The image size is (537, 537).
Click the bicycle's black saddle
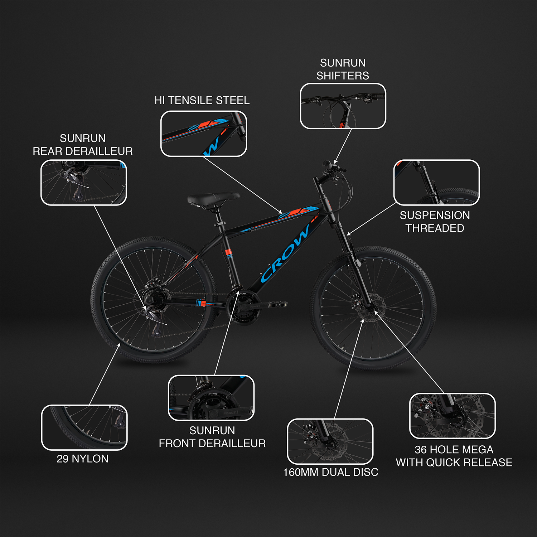[x=213, y=199]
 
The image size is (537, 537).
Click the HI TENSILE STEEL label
[x=202, y=101]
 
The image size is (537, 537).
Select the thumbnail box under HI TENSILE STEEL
[x=204, y=134]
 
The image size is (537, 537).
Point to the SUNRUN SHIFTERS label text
[x=343, y=69]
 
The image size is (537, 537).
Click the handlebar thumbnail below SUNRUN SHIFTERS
[x=343, y=106]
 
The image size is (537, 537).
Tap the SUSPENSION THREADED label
[x=435, y=222]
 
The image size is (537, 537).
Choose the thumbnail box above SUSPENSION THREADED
[x=436, y=183]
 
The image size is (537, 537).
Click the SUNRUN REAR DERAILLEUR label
[x=83, y=145]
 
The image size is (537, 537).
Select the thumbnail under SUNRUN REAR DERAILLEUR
[x=83, y=183]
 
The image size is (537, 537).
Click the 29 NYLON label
[x=83, y=459]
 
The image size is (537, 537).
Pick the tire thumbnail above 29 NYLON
[x=84, y=427]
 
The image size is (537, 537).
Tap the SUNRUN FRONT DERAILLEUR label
[x=212, y=437]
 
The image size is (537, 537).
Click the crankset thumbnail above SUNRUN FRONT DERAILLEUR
[x=211, y=398]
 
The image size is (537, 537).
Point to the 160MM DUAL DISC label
[x=330, y=472]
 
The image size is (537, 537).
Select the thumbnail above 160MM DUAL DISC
[x=330, y=441]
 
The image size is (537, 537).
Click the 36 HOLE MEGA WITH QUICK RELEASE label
[x=454, y=456]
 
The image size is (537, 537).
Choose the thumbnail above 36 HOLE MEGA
[x=452, y=416]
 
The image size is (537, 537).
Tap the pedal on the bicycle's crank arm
[x=277, y=304]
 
